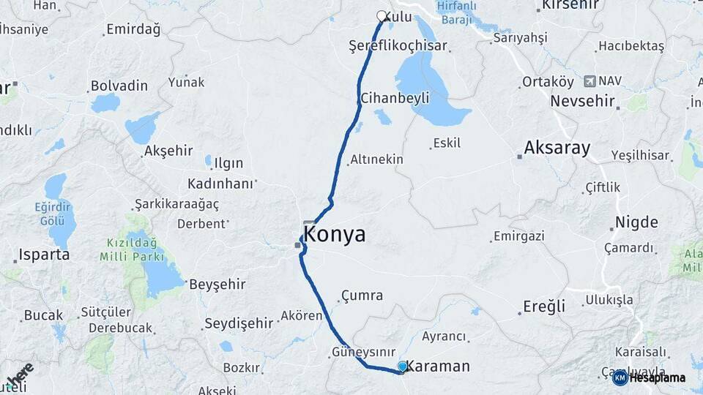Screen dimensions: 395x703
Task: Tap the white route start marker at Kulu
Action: click(382, 16)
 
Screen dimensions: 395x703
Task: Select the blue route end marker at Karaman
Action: click(402, 366)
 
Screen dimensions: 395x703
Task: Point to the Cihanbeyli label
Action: click(394, 97)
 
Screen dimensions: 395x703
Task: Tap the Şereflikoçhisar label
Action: click(398, 46)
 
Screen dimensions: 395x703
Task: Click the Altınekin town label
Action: click(377, 159)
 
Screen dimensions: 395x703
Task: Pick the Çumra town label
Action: click(362, 296)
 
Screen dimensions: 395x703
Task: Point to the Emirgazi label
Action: click(519, 236)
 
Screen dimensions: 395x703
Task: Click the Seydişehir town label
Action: click(239, 323)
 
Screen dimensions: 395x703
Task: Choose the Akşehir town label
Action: click(168, 151)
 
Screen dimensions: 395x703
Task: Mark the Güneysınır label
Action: click(364, 351)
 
